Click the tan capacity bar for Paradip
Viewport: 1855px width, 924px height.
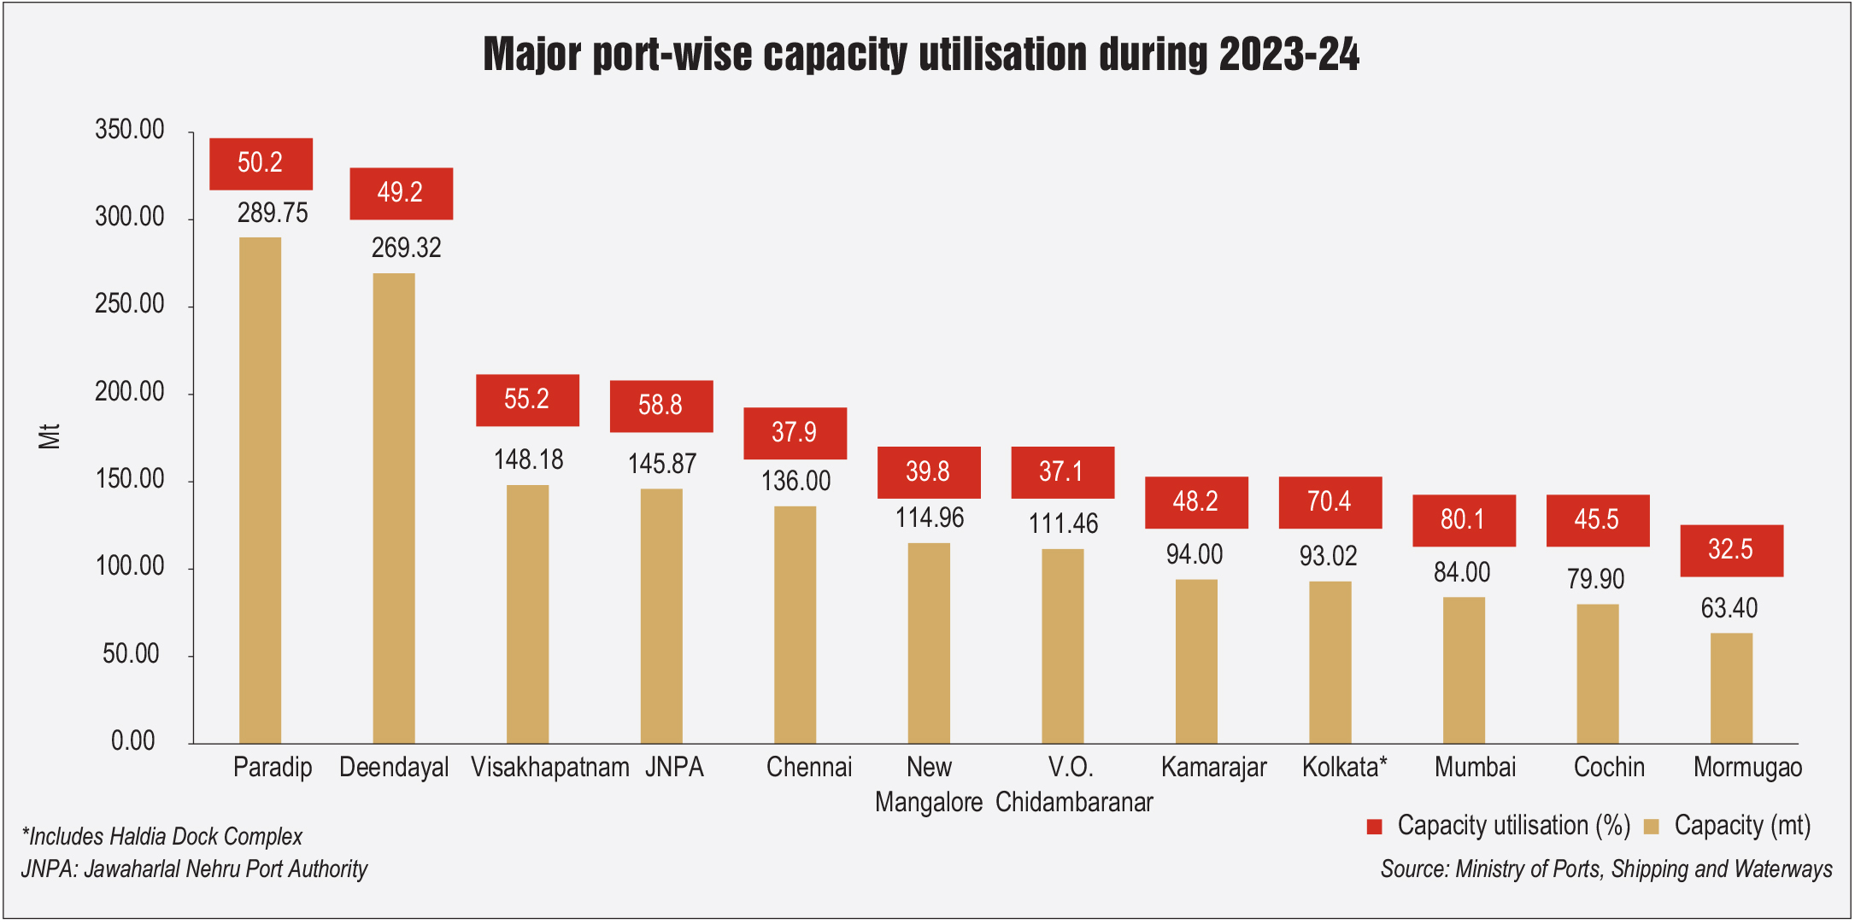(260, 490)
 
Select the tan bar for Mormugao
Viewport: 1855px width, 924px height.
(1731, 688)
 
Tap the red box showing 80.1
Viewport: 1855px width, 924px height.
(1464, 520)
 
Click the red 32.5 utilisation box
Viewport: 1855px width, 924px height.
(1731, 550)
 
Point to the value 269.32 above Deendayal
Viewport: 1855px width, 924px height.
(406, 249)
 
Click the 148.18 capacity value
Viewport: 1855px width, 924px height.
(528, 460)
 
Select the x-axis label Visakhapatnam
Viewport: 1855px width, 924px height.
(549, 767)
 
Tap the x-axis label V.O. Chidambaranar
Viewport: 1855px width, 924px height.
(1073, 784)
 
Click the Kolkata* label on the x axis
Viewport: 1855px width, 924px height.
(1344, 767)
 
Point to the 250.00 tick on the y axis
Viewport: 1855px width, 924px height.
(130, 304)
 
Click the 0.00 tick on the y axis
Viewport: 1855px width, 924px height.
(133, 740)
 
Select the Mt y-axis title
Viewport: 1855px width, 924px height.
(50, 436)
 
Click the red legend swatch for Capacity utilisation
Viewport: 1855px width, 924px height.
(1374, 826)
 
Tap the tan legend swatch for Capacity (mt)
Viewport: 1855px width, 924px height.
(1651, 826)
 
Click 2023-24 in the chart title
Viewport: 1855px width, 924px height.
(1289, 55)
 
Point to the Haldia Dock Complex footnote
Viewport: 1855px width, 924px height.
(162, 836)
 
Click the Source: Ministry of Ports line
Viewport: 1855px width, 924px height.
(1606, 869)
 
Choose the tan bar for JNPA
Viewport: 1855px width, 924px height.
(661, 616)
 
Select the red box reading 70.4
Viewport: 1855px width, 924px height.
(1330, 502)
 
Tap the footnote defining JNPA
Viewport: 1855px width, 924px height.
(194, 869)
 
